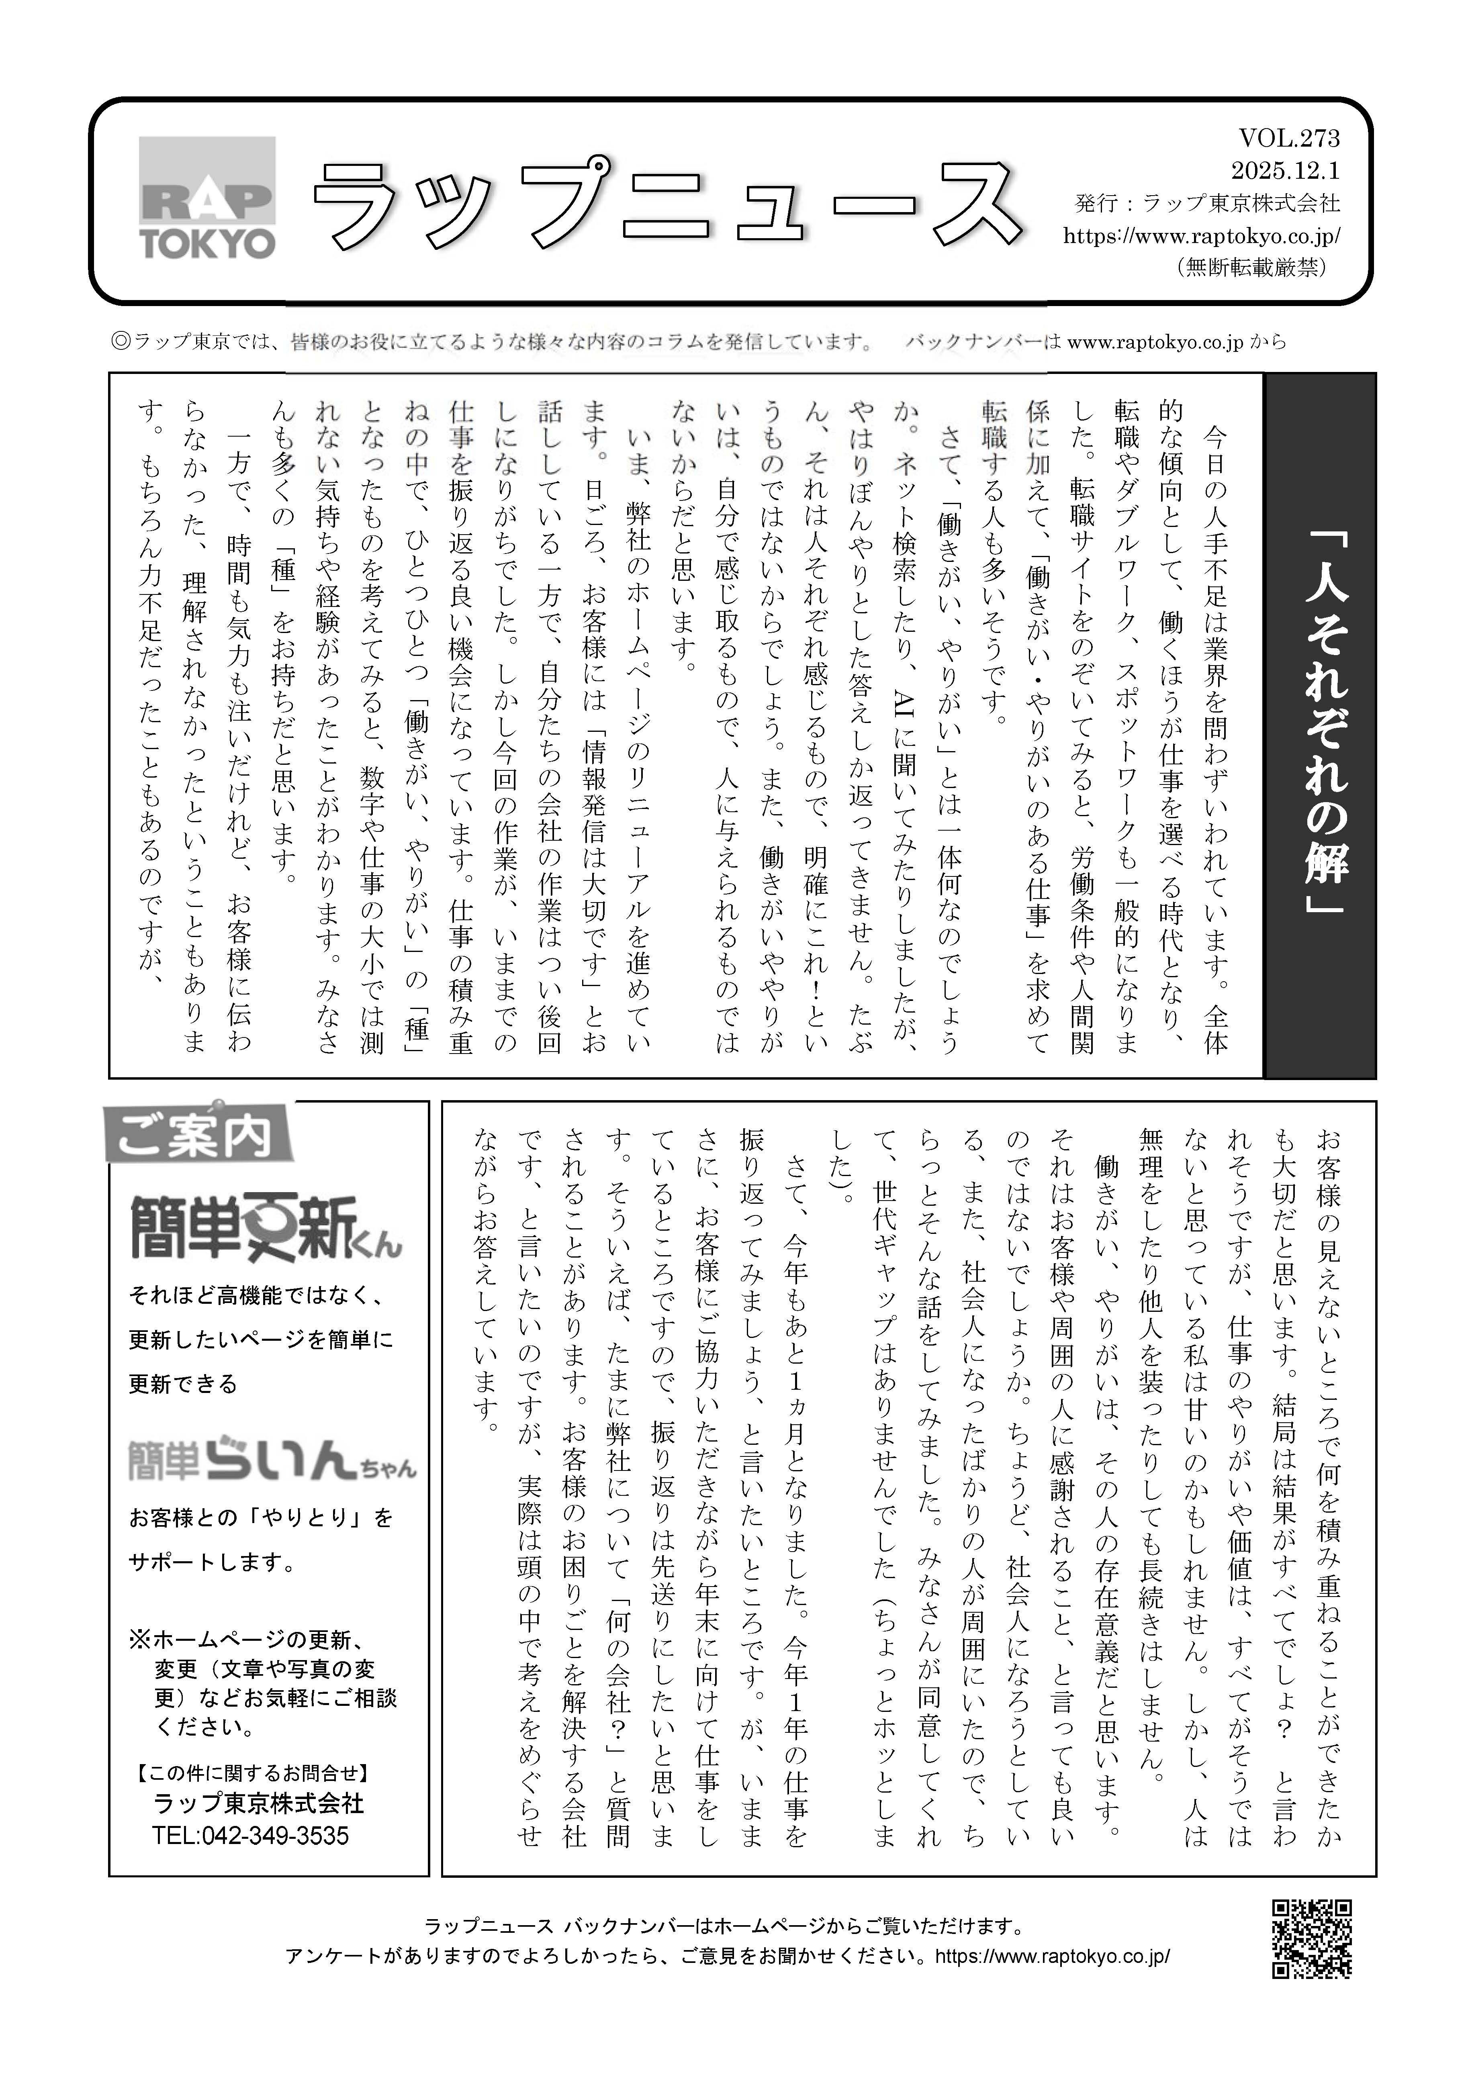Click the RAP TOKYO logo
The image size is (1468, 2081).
click(208, 198)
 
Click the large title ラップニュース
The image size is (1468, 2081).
click(667, 205)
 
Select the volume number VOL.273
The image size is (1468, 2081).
click(1288, 139)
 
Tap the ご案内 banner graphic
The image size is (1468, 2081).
click(198, 1132)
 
